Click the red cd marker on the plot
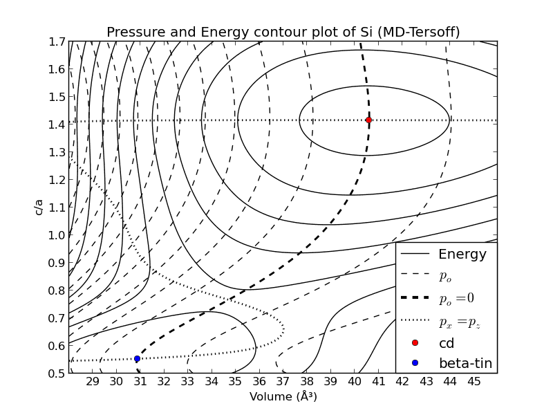pos(368,120)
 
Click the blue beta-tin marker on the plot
pos(137,358)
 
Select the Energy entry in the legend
pos(462,255)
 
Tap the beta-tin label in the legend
pos(465,363)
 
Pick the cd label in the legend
pos(447,343)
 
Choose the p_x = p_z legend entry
pos(458,321)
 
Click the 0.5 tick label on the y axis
pos(56,373)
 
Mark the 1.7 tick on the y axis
pos(56,41)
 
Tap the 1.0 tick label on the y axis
pos(56,235)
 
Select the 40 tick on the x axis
pos(355,381)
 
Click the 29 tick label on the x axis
pos(92,381)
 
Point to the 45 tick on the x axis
pos(474,381)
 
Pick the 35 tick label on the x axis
pos(235,381)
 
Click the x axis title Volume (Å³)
pos(283,397)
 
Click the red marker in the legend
pos(415,343)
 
